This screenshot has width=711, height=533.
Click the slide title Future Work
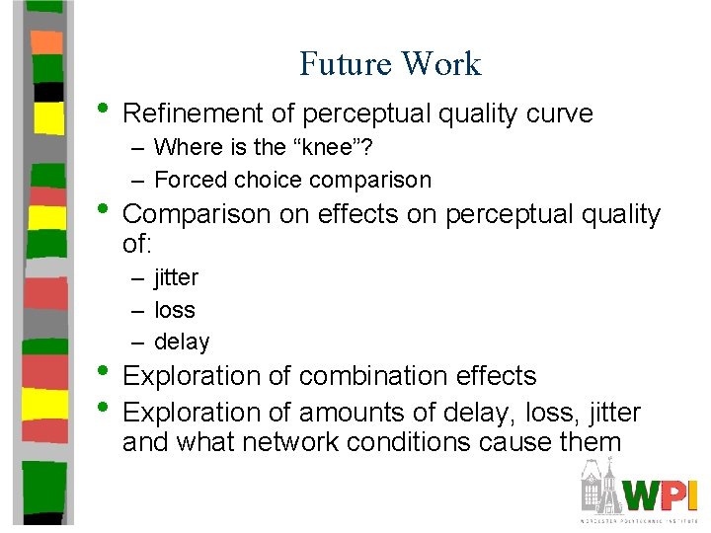[390, 64]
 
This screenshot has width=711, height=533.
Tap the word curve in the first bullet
[558, 114]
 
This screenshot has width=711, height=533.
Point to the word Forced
[189, 180]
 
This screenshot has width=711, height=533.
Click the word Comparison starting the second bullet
[197, 214]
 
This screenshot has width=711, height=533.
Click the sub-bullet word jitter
[176, 277]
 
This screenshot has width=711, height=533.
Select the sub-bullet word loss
[175, 310]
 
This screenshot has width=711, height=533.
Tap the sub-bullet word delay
[182, 342]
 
